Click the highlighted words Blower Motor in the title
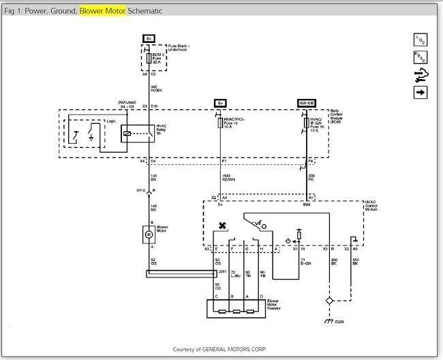101,11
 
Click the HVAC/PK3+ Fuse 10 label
234,123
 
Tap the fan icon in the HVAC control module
221,226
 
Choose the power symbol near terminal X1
288,240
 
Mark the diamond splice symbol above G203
330,300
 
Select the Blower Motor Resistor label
276,303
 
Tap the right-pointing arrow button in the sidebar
420,92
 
